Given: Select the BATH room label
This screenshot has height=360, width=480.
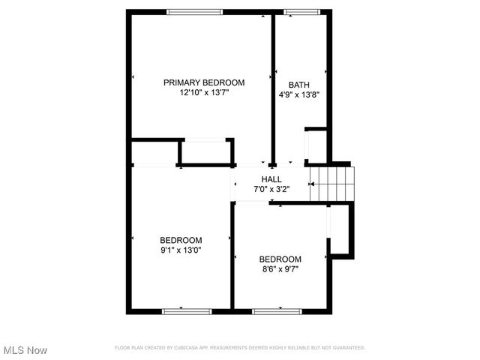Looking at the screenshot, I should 299,85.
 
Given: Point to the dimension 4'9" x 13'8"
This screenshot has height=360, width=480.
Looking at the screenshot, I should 299,95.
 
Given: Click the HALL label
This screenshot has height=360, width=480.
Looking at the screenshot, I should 271,179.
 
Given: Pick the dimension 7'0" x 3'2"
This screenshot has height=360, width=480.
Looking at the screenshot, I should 271,190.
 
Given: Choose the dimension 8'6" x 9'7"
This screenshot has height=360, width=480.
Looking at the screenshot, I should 280,269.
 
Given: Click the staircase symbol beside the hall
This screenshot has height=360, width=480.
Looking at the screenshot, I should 331,184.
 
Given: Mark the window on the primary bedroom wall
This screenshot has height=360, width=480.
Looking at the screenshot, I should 194,11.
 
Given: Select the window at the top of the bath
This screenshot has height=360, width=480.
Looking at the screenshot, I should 301,11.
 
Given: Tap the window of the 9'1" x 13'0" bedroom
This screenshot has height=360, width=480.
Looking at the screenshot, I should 182,310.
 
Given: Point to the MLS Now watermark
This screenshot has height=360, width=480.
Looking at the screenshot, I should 25,350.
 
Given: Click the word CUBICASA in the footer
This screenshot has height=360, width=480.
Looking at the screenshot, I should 185,348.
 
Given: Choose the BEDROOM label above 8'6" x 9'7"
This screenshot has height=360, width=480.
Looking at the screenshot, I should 280,259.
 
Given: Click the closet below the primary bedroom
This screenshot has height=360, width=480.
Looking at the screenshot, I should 206,151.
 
